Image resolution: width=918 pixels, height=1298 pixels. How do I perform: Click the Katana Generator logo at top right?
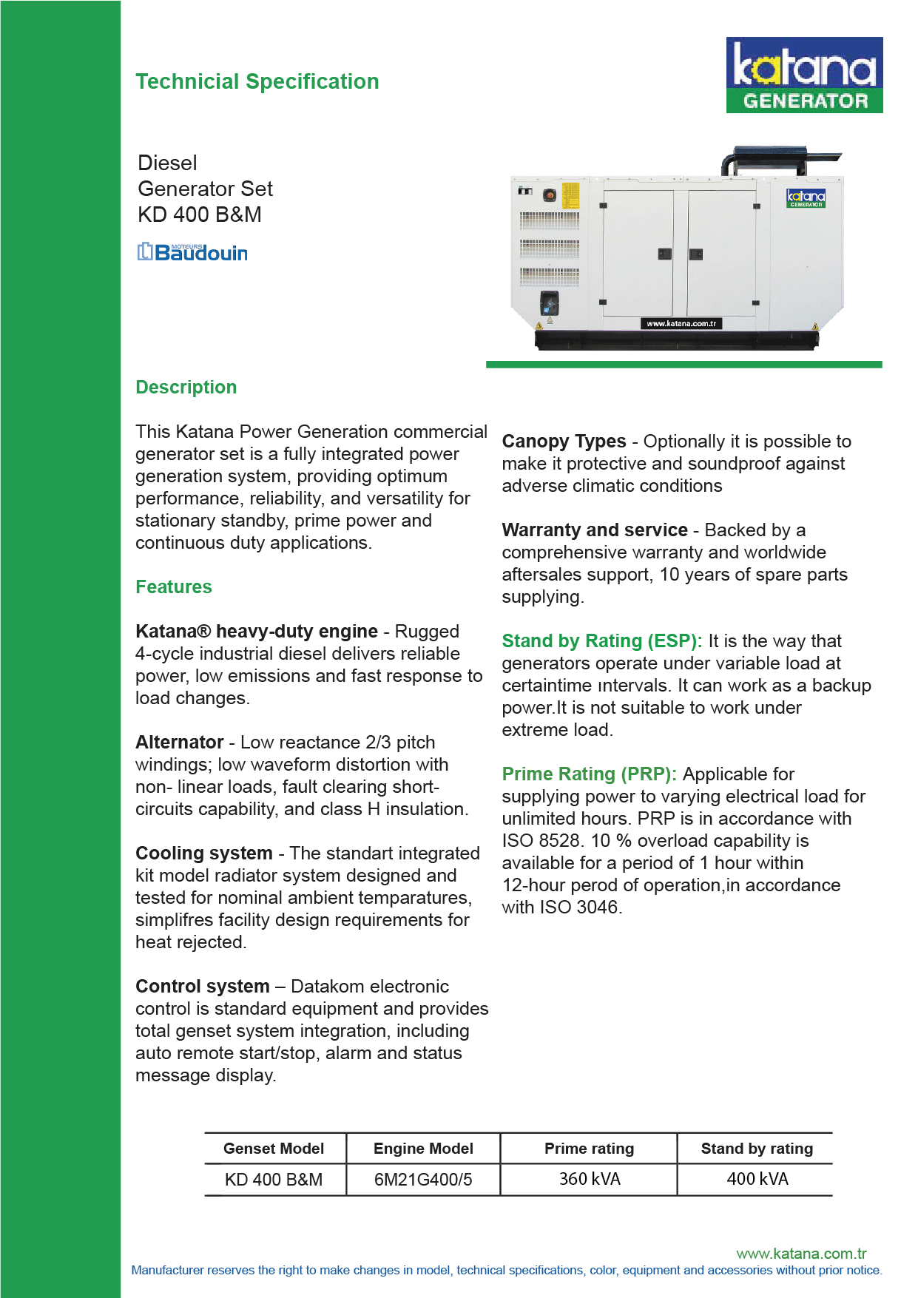[804, 75]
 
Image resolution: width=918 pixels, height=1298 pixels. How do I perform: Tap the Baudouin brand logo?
[192, 252]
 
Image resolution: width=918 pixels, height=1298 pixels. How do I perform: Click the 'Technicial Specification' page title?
[257, 81]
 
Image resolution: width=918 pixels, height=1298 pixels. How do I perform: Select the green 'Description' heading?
[186, 387]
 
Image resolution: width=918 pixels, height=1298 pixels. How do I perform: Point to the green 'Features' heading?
[173, 587]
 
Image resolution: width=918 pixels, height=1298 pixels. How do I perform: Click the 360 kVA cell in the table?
[589, 1179]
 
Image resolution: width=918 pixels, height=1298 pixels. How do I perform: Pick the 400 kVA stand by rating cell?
[757, 1179]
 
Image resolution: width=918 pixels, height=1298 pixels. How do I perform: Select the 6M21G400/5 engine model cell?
[422, 1179]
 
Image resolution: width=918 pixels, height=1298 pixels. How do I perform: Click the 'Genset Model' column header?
[273, 1148]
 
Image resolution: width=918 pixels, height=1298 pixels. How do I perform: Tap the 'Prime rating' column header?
[589, 1148]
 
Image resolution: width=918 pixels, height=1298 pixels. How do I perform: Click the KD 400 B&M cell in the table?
[273, 1179]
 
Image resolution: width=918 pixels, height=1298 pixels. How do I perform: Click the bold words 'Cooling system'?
[203, 853]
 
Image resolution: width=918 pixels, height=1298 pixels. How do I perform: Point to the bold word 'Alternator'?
[179, 742]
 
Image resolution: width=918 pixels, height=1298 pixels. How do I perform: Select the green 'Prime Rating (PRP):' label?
[589, 774]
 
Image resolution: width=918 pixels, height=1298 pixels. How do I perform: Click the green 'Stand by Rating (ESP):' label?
[601, 640]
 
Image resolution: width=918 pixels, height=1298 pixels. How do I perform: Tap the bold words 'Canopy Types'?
[564, 441]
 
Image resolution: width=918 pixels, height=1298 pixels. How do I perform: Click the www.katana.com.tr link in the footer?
[801, 1253]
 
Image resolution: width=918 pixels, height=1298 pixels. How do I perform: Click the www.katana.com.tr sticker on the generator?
[681, 323]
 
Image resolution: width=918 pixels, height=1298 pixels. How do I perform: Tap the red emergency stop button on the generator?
[549, 195]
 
